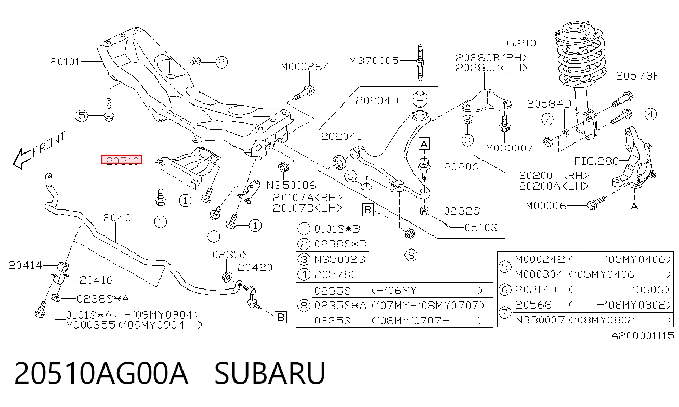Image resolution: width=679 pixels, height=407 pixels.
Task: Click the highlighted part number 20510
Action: [122, 160]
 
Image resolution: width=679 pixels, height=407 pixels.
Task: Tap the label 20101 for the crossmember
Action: [65, 62]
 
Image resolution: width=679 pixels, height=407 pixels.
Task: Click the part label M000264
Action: [305, 67]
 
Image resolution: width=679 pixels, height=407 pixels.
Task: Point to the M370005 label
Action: [373, 61]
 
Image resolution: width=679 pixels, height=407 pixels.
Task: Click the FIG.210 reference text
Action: [515, 43]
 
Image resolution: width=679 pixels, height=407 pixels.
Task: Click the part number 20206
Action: [461, 167]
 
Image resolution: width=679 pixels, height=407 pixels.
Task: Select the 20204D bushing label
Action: [377, 101]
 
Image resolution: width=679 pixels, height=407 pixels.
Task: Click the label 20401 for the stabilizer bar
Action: [120, 218]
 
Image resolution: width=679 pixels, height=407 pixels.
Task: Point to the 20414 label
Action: [25, 266]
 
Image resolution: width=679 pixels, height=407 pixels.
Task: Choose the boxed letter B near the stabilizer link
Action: [281, 318]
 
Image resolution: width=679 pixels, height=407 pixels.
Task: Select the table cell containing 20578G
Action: [336, 274]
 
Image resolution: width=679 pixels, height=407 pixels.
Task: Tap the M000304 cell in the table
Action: [540, 274]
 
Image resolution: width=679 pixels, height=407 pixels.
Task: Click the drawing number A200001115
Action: [642, 336]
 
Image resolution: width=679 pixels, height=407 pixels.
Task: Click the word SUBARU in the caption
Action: [270, 373]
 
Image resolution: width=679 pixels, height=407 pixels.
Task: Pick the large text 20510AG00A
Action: [101, 373]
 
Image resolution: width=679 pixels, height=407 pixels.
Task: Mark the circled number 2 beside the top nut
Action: [221, 62]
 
